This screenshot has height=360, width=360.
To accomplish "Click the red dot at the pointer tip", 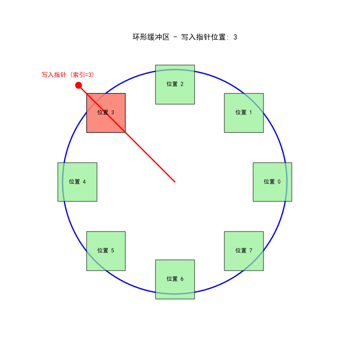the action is [x=78, y=85].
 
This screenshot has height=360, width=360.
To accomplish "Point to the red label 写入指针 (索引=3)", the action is [x=68, y=75].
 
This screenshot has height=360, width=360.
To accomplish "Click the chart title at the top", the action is [x=184, y=37].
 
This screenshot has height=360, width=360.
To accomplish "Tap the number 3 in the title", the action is [x=235, y=37].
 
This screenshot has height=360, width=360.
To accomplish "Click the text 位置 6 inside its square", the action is [x=175, y=279].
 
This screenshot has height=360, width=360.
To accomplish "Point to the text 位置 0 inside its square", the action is [x=272, y=182].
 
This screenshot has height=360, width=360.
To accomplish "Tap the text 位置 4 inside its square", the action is [x=77, y=182].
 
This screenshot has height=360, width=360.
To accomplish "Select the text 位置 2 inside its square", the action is [x=175, y=84].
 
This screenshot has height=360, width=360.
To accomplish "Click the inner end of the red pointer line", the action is [x=175, y=182].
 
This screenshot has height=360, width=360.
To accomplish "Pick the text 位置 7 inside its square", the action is [x=244, y=251].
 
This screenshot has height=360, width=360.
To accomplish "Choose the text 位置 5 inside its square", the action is [x=106, y=251].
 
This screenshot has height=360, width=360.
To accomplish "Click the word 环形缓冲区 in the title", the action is [x=151, y=37].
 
